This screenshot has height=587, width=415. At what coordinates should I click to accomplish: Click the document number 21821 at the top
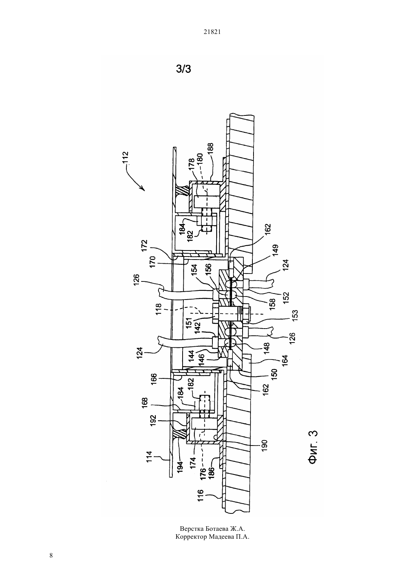212,32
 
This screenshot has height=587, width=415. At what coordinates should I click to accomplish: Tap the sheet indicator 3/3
183,69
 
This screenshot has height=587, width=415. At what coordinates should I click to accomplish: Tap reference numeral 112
126,158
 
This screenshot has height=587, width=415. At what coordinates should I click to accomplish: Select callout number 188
210,149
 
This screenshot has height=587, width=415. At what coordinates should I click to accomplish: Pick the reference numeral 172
144,246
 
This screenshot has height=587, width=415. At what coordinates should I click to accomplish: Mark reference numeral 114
149,457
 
